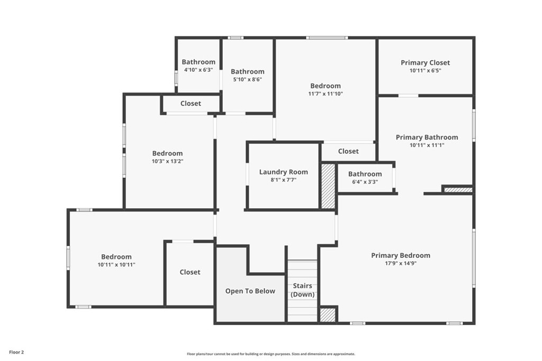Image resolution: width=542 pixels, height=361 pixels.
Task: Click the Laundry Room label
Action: [283, 172]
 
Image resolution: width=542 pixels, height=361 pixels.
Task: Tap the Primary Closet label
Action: [425, 62]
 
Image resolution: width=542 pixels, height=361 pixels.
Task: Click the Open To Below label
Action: [250, 291]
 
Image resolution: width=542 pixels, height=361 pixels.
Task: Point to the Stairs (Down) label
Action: [303, 290]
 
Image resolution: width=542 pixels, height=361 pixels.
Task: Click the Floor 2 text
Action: [16, 352]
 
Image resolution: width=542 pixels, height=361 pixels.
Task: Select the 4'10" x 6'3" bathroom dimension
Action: [198, 70]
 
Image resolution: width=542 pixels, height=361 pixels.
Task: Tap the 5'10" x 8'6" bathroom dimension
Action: [247, 79]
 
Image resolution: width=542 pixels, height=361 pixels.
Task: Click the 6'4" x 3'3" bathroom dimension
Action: [365, 182]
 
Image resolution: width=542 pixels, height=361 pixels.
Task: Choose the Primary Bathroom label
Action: [427, 137]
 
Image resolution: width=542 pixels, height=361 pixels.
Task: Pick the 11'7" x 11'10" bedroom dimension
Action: [326, 94]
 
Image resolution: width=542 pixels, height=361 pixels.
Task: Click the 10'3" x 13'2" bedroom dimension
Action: [167, 161]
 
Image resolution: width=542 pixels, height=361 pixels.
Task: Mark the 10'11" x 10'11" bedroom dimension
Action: [116, 264]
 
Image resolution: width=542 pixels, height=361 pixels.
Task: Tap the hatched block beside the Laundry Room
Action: [328, 186]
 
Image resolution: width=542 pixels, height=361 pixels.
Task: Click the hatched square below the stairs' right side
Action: [328, 314]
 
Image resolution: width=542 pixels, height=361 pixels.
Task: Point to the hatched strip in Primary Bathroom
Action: [457, 189]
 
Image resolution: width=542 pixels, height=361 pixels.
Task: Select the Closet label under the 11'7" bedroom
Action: [348, 151]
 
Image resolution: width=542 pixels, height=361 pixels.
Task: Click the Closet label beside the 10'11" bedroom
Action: [190, 272]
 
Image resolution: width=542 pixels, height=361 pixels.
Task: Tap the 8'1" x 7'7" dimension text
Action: [283, 180]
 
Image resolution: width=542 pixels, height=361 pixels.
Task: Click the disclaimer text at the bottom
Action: [270, 354]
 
